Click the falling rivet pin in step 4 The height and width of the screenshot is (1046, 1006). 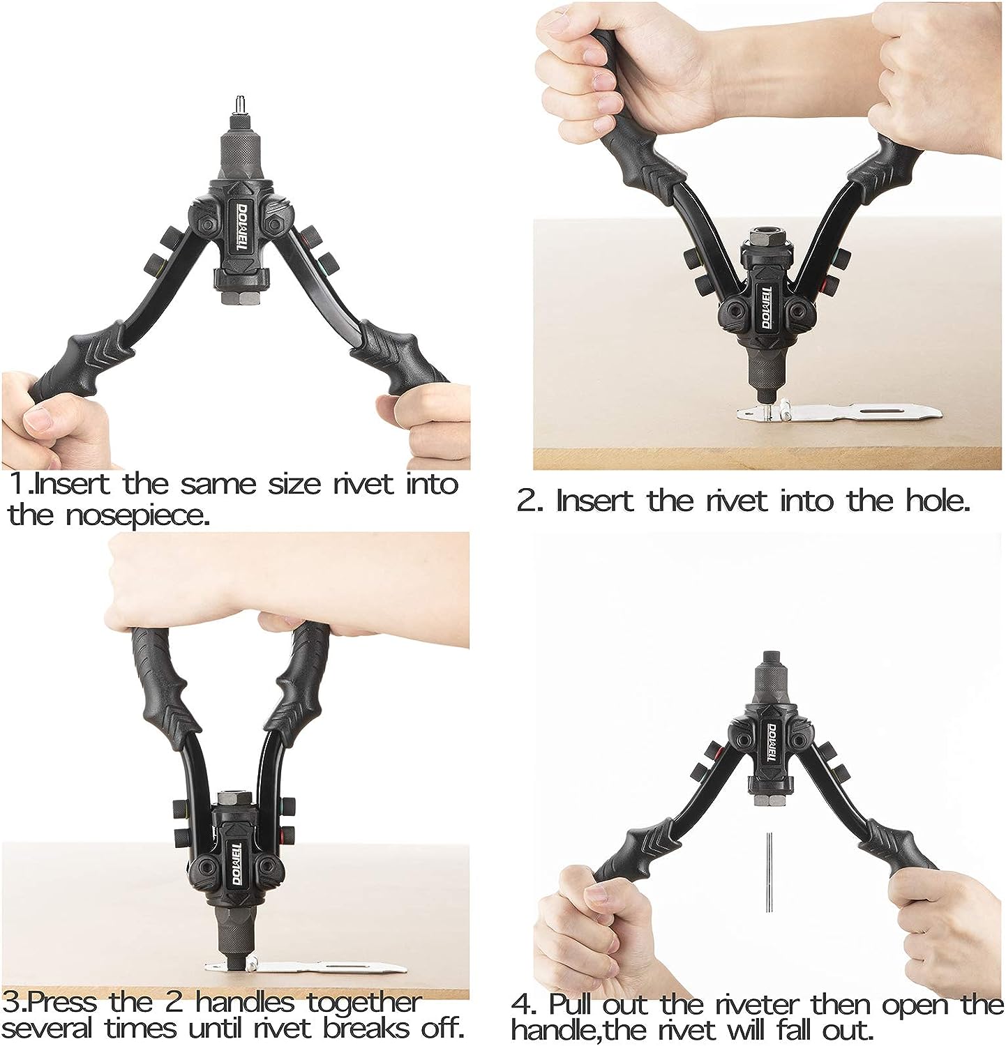767,872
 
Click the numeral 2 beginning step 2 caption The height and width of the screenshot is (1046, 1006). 526,501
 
